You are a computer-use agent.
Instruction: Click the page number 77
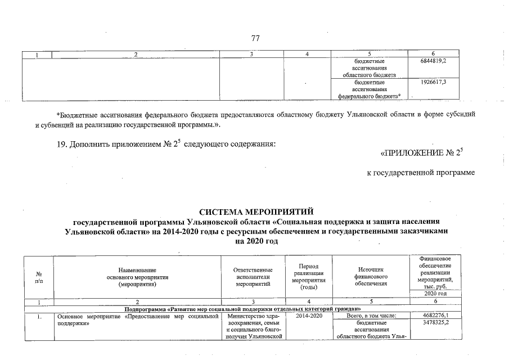[x=255, y=38]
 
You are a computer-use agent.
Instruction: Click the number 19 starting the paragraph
[x=63, y=145]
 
